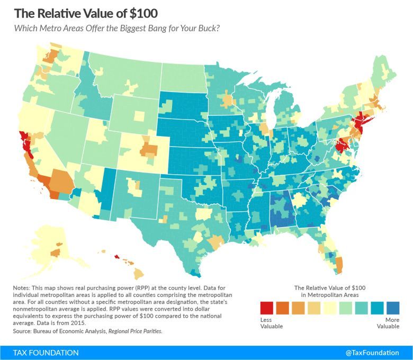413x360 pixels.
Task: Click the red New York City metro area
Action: point(360,123)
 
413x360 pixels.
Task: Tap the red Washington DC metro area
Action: point(341,143)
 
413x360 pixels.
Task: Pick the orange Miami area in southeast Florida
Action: point(339,263)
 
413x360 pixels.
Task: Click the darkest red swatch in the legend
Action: point(267,308)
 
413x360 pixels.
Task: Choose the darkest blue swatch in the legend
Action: point(392,308)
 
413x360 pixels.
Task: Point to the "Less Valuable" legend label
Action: point(269,323)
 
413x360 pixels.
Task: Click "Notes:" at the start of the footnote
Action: point(22,286)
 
